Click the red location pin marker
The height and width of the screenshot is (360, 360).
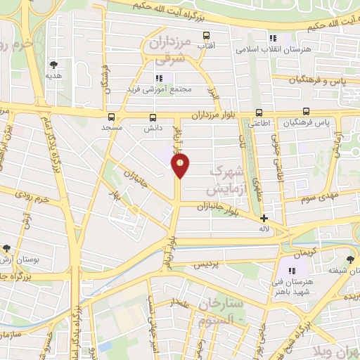coord(181,166)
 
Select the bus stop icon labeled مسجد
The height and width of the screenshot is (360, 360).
coord(111,117)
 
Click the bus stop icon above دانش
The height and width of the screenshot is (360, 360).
coord(153,117)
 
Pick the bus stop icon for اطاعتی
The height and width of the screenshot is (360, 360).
coord(259,112)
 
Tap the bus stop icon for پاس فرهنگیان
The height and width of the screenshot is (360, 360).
coord(306,111)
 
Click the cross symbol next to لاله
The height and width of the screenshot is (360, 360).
coord(264,218)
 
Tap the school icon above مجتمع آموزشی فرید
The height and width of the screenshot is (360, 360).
coord(159,77)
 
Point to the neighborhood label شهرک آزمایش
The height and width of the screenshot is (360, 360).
coord(226,180)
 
